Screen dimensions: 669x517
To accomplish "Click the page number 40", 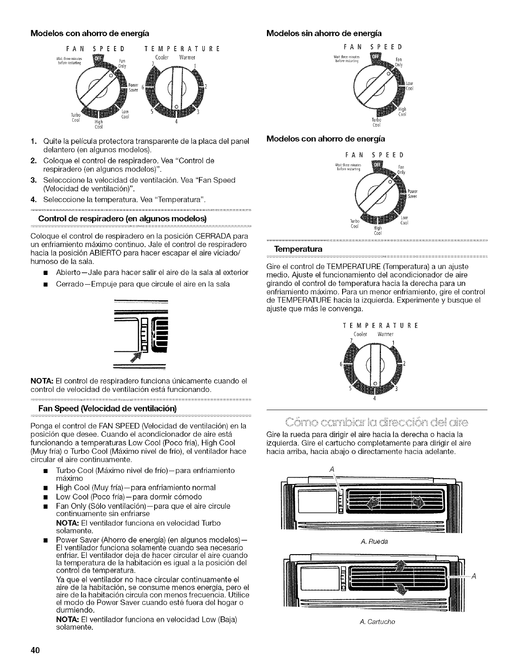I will [34, 650].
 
